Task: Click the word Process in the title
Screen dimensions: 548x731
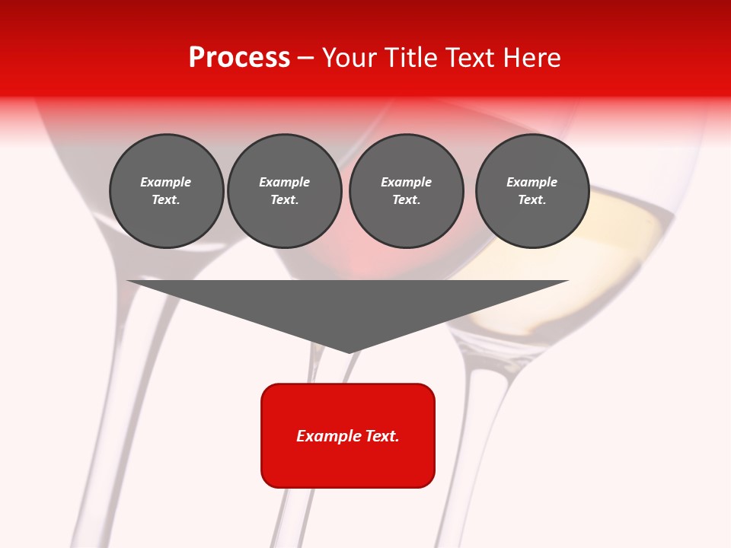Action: (x=239, y=58)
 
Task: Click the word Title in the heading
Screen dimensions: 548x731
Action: (x=409, y=58)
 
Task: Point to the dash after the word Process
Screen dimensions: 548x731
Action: (x=305, y=59)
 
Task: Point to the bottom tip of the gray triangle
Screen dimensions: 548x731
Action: (x=349, y=352)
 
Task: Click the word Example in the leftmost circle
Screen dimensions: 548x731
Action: (x=166, y=182)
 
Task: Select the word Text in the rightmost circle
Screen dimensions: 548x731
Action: (x=531, y=200)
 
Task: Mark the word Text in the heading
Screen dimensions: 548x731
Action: (x=469, y=58)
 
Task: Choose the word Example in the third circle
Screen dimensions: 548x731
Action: (x=406, y=182)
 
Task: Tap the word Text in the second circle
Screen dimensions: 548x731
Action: (x=283, y=200)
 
